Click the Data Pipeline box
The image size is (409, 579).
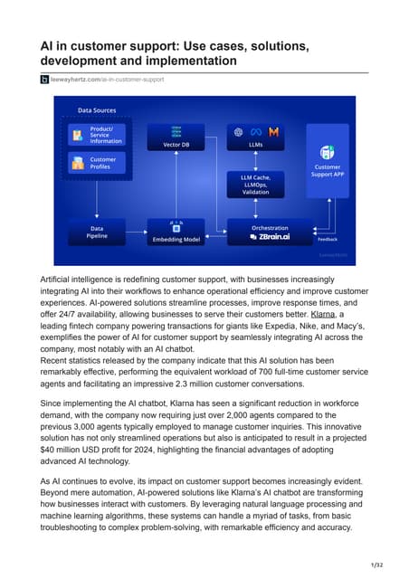coord(98,233)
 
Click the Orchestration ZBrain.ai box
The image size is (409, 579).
coord(270,233)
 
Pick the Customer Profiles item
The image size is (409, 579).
coord(100,164)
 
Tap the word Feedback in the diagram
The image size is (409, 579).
coord(328,240)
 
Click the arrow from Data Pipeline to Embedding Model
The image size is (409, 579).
coord(137,233)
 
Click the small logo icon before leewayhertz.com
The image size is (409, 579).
coord(43,80)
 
